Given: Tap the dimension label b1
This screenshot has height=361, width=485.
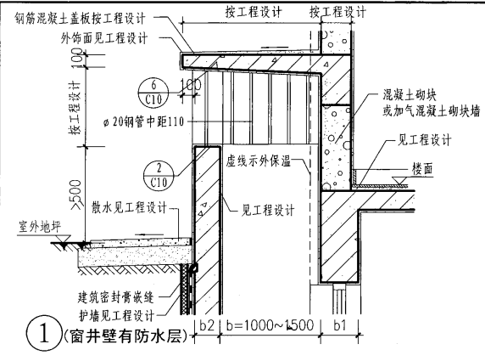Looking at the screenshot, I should pyautogui.click(x=343, y=326).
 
